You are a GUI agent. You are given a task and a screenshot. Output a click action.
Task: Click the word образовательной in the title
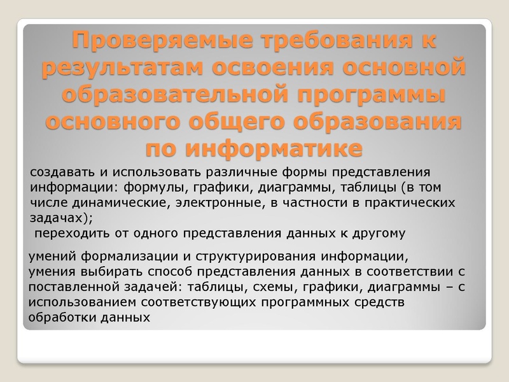[x=158, y=95]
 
